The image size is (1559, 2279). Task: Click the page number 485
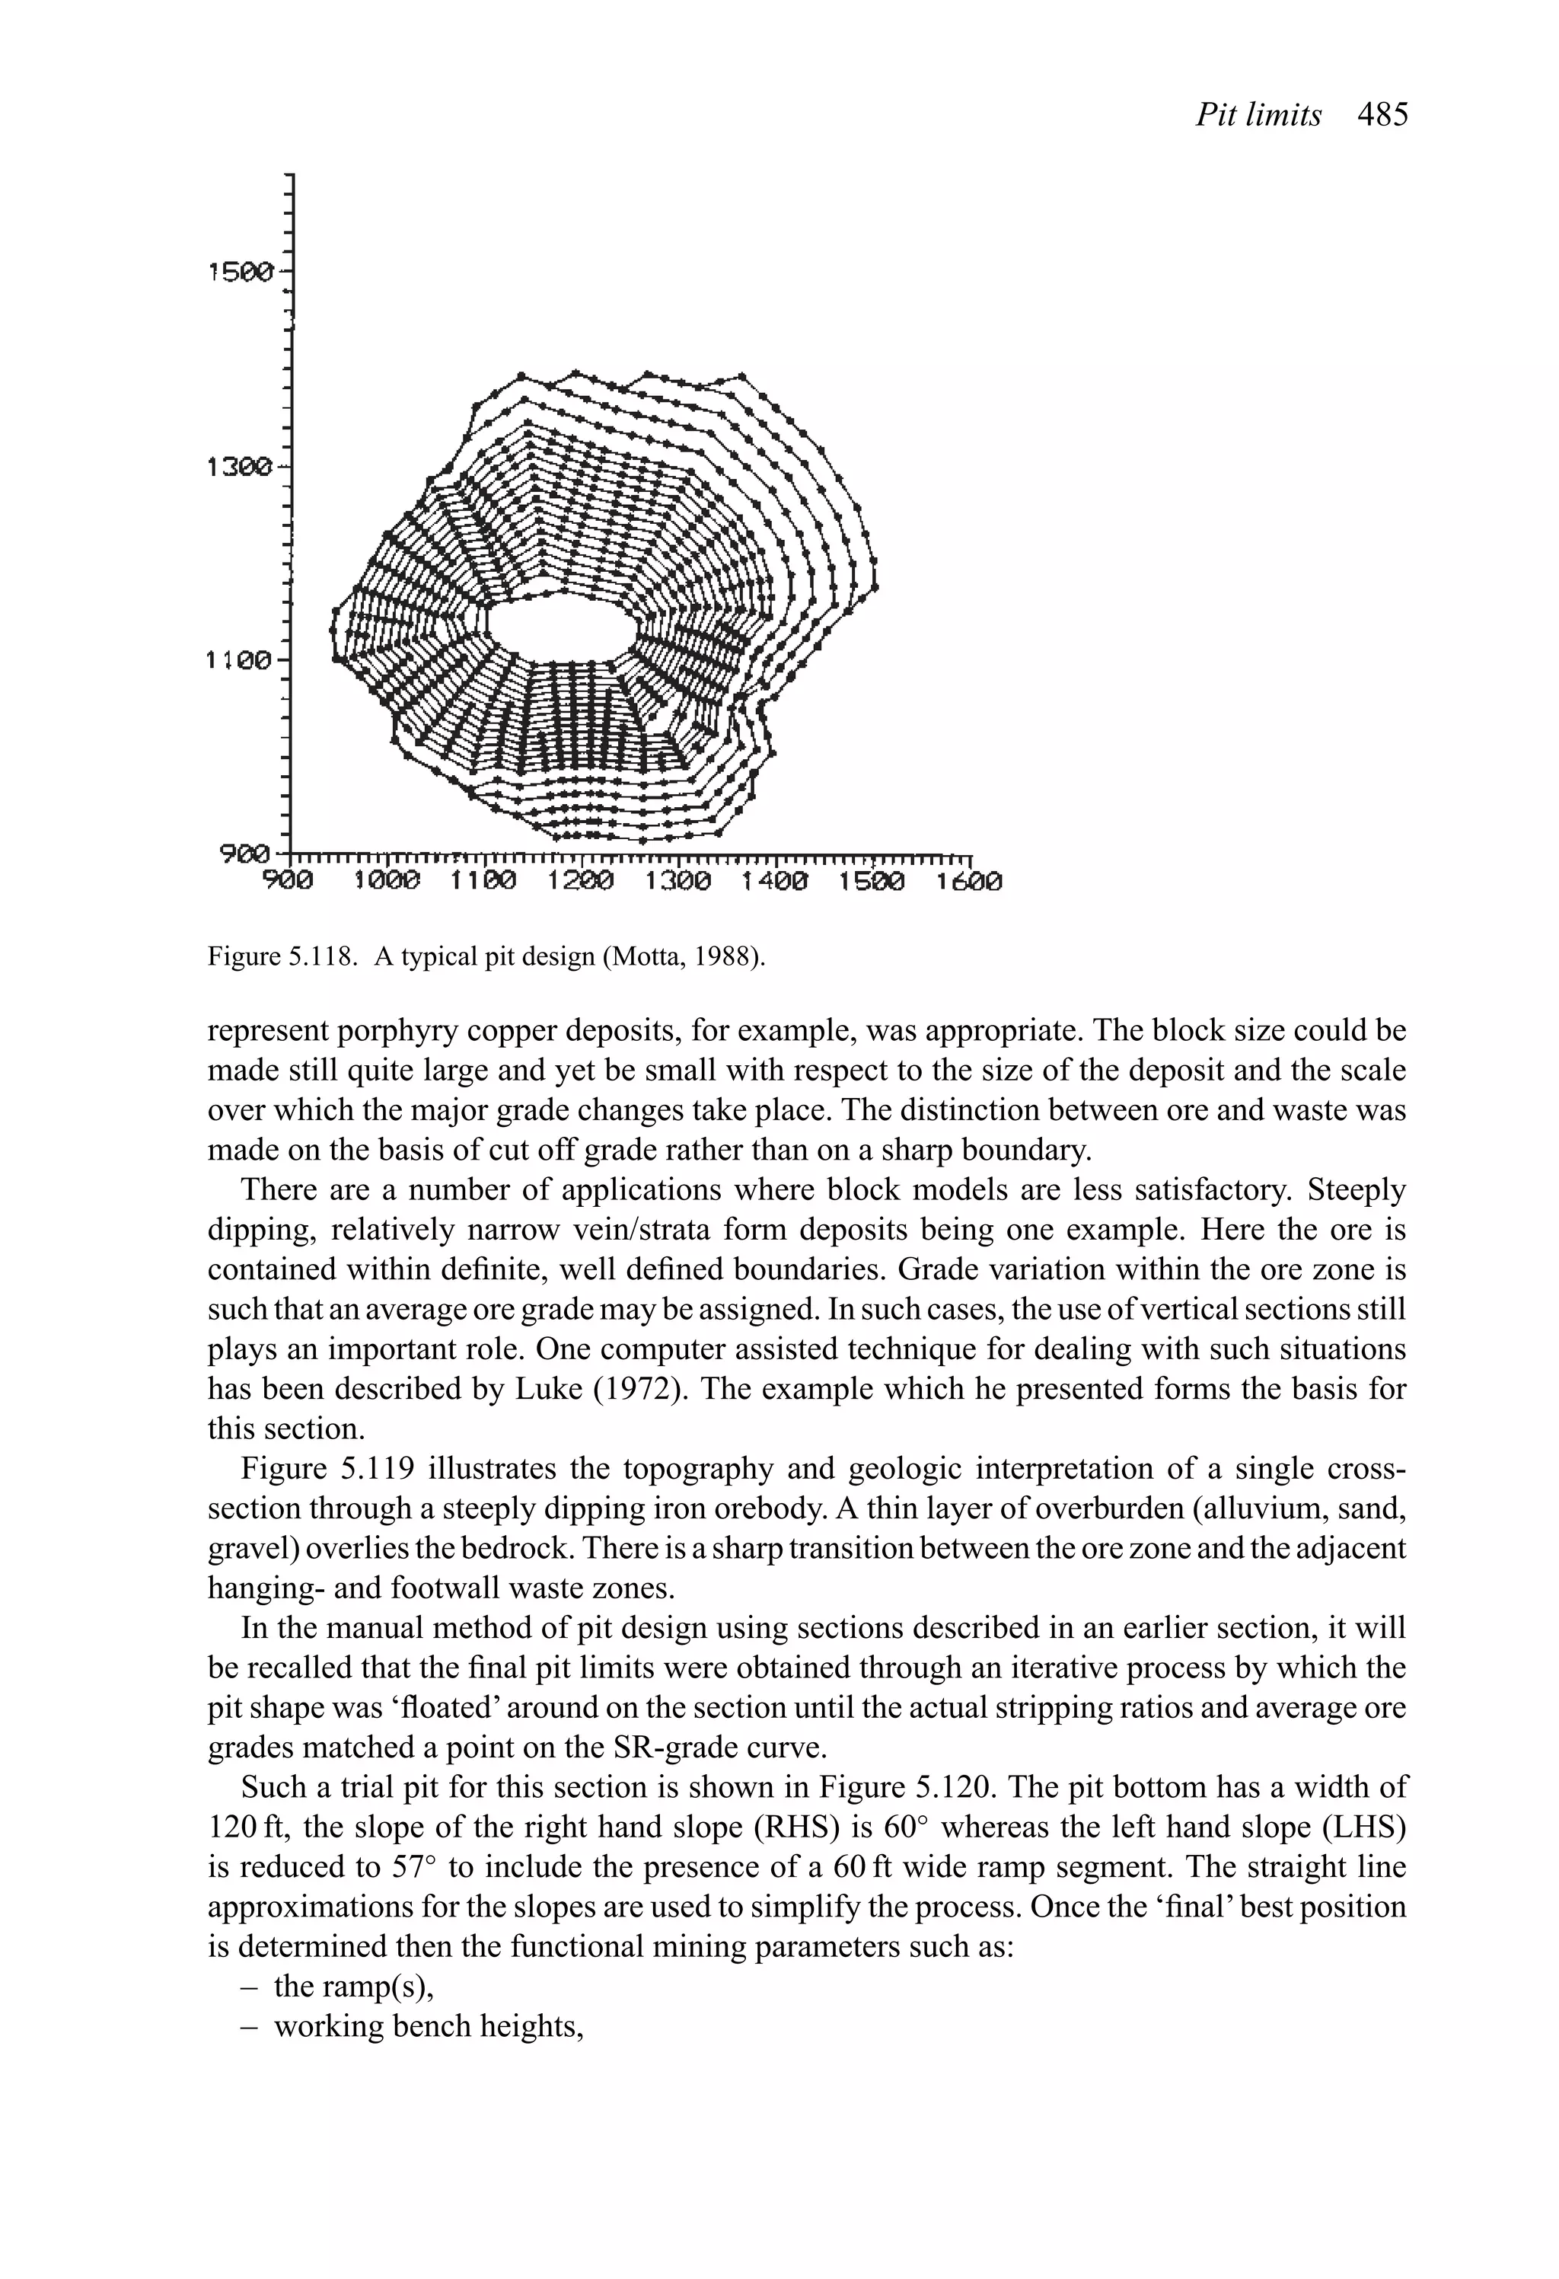tap(1382, 116)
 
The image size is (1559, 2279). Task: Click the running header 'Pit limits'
tap(1258, 116)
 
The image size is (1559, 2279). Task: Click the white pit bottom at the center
tap(560, 627)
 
